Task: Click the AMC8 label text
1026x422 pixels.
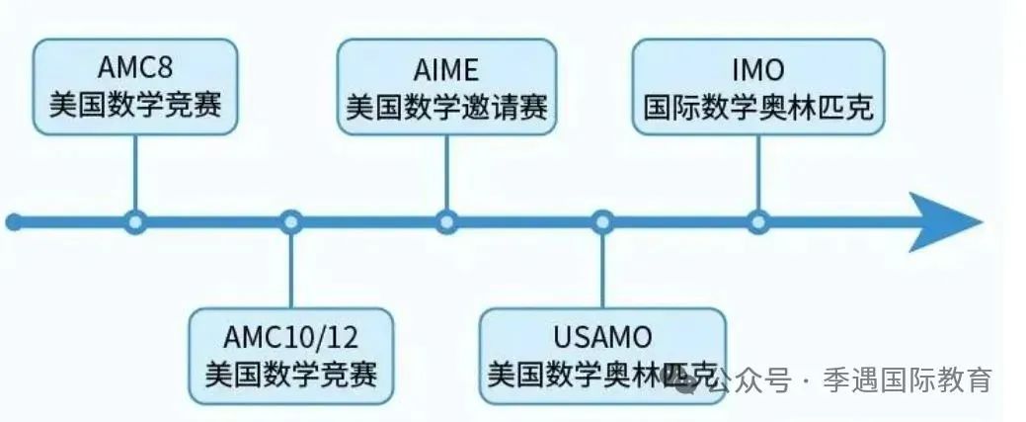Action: [x=135, y=67]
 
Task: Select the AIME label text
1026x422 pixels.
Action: [x=446, y=69]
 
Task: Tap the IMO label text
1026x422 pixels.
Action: [x=758, y=69]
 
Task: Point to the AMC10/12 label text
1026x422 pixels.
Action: [x=290, y=337]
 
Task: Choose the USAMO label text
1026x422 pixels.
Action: [x=602, y=337]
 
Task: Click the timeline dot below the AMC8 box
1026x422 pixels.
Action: [x=135, y=222]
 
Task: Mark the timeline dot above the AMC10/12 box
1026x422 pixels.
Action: [x=291, y=222]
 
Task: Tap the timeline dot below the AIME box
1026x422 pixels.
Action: [x=447, y=222]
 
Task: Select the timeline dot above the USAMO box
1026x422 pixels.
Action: [x=602, y=222]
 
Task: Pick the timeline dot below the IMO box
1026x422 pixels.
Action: [x=758, y=222]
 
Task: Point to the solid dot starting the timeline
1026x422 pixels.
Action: [x=14, y=222]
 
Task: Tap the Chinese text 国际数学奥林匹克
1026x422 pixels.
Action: [x=758, y=108]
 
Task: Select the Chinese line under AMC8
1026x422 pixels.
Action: [x=135, y=105]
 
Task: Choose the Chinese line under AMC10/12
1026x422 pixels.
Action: [x=291, y=375]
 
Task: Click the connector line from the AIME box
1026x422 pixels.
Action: [x=447, y=173]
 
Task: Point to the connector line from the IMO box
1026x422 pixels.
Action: [x=758, y=173]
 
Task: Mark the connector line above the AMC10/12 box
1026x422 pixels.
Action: [x=291, y=271]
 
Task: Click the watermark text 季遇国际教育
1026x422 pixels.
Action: [x=907, y=380]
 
